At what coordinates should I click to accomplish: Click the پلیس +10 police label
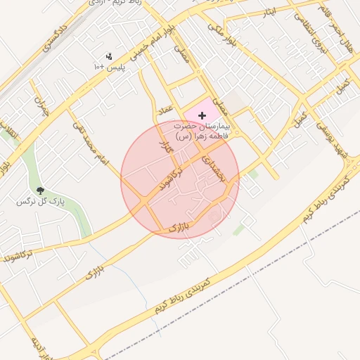click(108, 67)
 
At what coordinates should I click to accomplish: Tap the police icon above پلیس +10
click(109, 56)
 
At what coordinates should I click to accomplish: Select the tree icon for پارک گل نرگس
click(40, 191)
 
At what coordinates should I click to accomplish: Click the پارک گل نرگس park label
click(40, 202)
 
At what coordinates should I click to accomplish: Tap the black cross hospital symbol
click(203, 115)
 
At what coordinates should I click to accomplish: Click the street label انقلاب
click(8, 137)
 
